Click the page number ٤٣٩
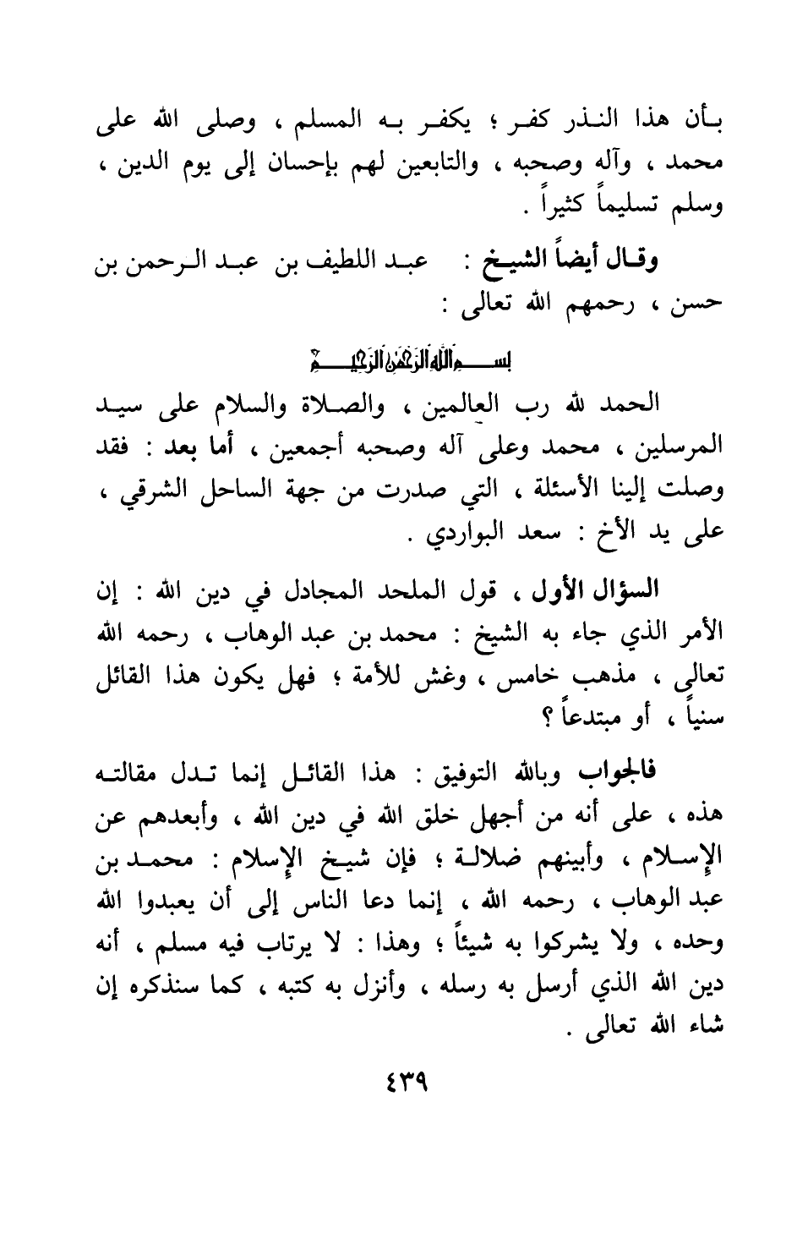(x=405, y=1083)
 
